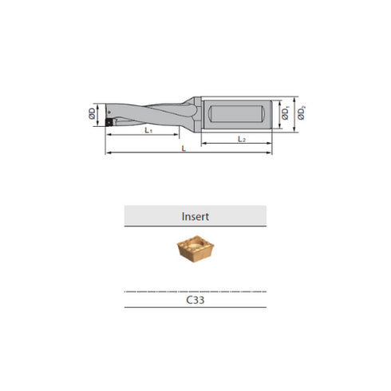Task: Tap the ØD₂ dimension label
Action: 301,116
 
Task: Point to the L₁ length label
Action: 149,129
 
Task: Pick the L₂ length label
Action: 241,139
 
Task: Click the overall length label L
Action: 186,148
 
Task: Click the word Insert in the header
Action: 195,215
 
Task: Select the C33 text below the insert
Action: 195,303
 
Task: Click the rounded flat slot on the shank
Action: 235,114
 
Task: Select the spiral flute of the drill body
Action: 148,114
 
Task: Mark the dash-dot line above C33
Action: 195,291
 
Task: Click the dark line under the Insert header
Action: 195,227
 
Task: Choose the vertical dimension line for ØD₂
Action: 295,116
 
